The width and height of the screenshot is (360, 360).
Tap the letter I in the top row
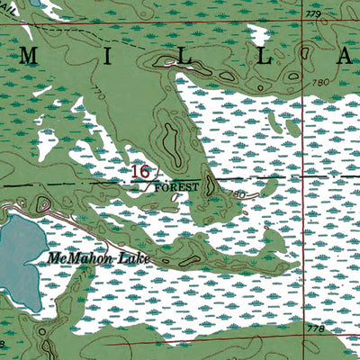108,56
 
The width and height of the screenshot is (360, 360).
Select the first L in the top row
187,56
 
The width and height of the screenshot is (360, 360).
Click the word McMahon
76,258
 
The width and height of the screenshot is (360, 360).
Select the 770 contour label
97,95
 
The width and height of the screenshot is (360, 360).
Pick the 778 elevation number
315,330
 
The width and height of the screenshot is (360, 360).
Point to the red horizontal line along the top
180,22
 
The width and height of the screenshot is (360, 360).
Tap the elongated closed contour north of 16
169,141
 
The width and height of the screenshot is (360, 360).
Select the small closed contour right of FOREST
210,184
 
